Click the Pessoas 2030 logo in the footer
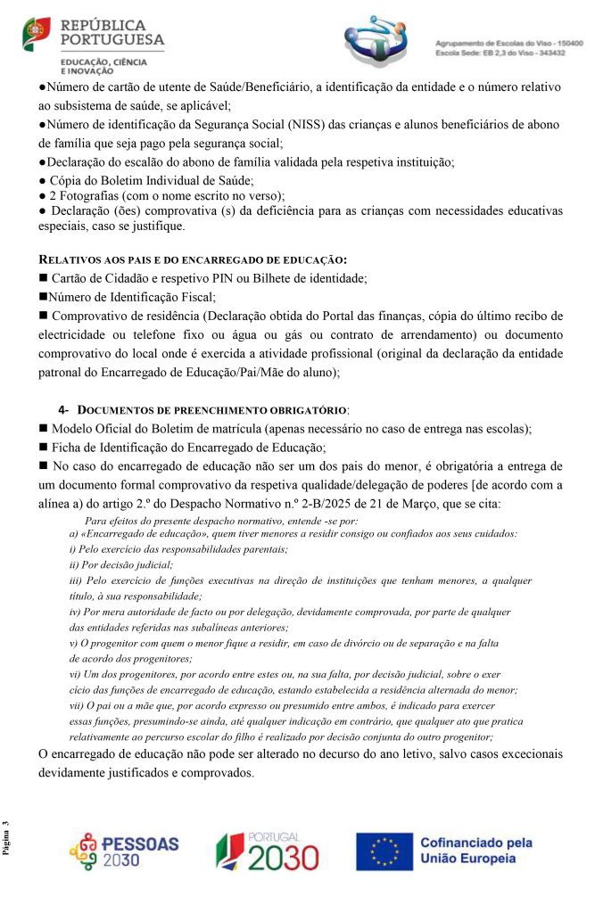124,851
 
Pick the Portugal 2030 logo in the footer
267,851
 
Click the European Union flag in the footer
384,851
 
